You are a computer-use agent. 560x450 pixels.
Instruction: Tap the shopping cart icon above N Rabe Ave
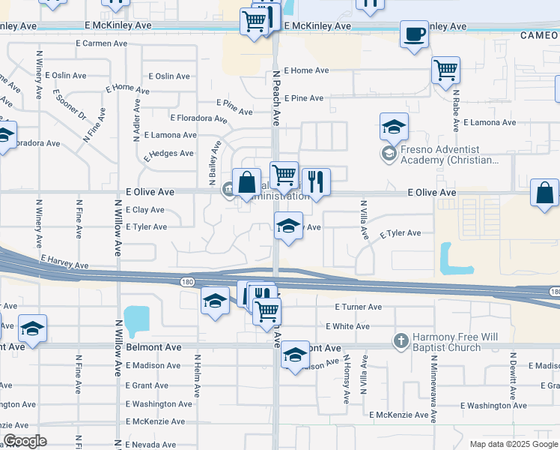click(x=445, y=70)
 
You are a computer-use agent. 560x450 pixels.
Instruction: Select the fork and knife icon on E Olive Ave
click(x=316, y=181)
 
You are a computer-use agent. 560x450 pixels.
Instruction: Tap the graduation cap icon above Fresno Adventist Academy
click(x=394, y=127)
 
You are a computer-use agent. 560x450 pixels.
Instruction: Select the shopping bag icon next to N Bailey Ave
click(x=246, y=182)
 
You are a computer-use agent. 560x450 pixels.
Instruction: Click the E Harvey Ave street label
click(x=64, y=262)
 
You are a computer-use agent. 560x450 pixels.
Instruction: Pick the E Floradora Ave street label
click(x=198, y=118)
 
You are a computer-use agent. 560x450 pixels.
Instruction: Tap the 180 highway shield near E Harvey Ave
click(x=186, y=281)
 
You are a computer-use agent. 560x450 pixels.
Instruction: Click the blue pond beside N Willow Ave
click(x=136, y=320)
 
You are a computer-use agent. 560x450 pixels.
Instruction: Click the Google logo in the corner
click(x=25, y=440)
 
